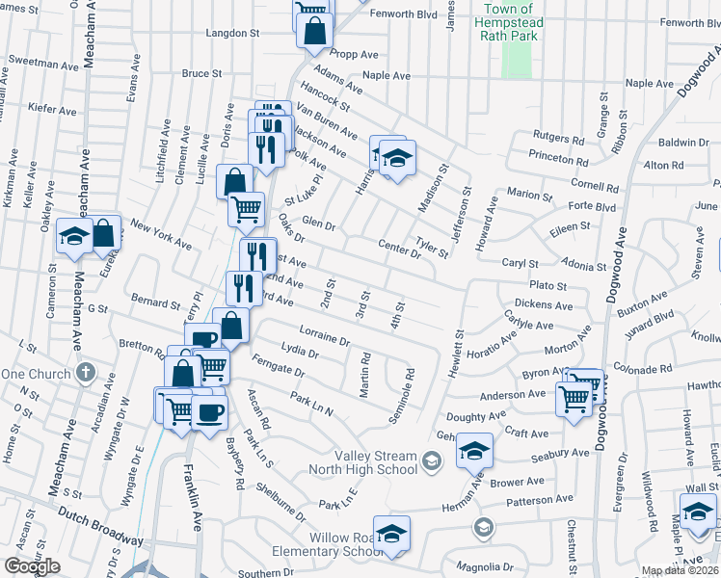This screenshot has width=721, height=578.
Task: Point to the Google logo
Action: pyautogui.click(x=32, y=565)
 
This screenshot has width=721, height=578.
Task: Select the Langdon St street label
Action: pyautogui.click(x=233, y=32)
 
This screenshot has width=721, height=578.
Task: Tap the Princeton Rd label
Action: pyautogui.click(x=558, y=161)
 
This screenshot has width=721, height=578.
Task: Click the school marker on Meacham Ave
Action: pyautogui.click(x=73, y=236)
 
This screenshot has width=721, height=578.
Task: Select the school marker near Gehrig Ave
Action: pyautogui.click(x=473, y=449)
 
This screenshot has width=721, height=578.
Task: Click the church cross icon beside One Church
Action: pyautogui.click(x=85, y=373)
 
